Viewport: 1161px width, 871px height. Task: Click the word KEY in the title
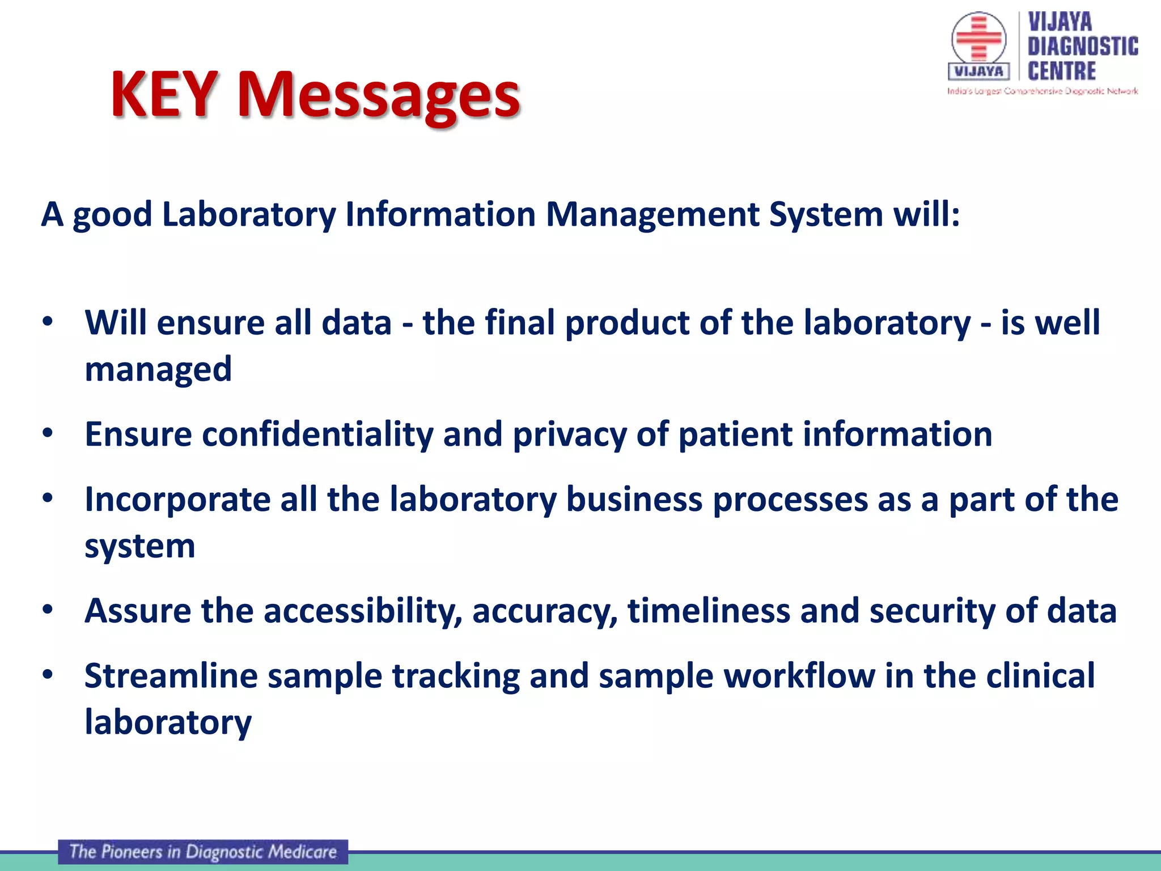point(164,94)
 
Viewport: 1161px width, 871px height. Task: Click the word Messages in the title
point(378,95)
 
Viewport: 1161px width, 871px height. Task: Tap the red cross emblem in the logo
point(978,38)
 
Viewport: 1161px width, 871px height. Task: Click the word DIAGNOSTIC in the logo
point(1082,46)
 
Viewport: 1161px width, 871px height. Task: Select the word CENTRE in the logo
point(1061,71)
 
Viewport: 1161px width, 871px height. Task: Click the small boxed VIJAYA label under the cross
point(978,71)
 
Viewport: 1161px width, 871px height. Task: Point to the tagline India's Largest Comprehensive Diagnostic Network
point(1042,91)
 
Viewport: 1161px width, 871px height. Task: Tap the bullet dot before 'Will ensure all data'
point(48,322)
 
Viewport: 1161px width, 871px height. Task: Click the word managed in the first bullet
point(158,369)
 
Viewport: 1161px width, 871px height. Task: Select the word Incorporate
point(177,500)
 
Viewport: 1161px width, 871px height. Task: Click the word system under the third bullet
point(139,547)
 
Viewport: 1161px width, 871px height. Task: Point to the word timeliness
point(709,611)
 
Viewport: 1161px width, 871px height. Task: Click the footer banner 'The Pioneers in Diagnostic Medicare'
point(203,852)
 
